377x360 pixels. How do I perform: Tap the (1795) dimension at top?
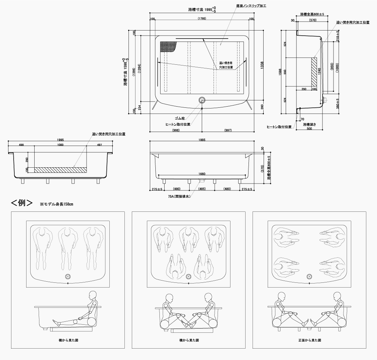pyautogui.click(x=202, y=19)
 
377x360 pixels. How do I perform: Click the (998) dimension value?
pyautogui.click(x=176, y=131)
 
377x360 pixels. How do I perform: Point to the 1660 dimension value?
pyautogui.click(x=201, y=174)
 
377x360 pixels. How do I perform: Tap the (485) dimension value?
pyautogui.click(x=201, y=189)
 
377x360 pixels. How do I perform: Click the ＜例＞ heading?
pyautogui.click(x=22, y=203)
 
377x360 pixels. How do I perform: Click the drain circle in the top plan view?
pyautogui.click(x=202, y=100)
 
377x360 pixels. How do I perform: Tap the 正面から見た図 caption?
pyautogui.click(x=309, y=341)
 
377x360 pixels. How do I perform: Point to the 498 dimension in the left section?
pyautogui.click(x=21, y=145)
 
